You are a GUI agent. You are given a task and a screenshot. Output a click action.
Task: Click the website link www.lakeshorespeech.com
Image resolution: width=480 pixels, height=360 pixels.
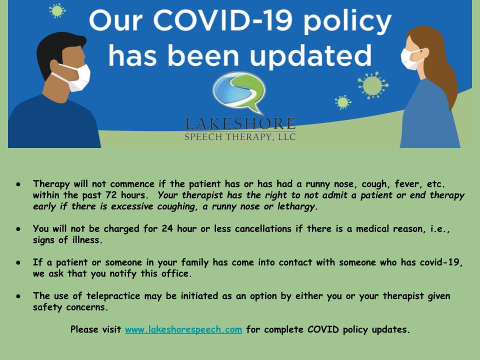183,329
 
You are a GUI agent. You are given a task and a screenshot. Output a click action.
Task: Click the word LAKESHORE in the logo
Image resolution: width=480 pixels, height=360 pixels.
240,123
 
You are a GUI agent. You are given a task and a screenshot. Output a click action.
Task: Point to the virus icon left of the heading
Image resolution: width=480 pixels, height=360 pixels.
57,10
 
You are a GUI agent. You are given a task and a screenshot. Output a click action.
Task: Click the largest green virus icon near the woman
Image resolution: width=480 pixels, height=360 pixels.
372,85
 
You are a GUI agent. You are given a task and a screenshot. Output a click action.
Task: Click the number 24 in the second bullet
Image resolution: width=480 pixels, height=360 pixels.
167,228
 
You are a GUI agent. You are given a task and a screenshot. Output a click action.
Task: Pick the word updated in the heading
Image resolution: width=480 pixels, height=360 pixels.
310,55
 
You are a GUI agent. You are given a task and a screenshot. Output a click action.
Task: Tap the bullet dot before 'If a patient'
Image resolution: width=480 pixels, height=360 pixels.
18,262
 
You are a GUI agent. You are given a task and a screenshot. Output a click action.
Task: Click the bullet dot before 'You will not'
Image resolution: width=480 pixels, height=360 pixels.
18,229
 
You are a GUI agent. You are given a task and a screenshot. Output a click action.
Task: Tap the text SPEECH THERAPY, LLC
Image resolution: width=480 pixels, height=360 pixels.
240,137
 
